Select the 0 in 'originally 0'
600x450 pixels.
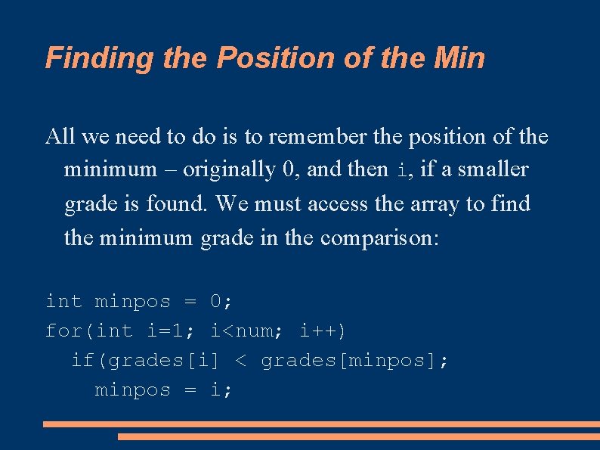pyautogui.click(x=288, y=170)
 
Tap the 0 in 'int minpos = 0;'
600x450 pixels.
pyautogui.click(x=217, y=302)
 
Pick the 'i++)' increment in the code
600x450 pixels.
pyautogui.click(x=323, y=331)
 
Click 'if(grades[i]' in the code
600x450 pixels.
pyautogui.click(x=145, y=361)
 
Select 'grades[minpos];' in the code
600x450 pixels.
pyautogui.click(x=354, y=361)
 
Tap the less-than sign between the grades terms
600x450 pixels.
pyautogui.click(x=240, y=361)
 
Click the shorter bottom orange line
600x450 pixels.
pyautogui.click(x=358, y=436)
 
